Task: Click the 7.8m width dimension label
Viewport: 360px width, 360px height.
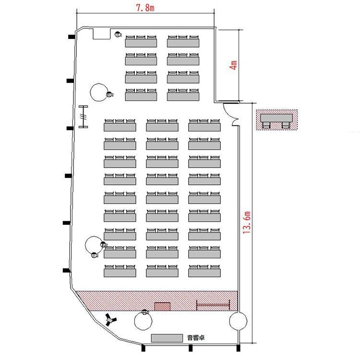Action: [x=145, y=8]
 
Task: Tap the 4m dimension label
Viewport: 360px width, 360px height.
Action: [x=233, y=65]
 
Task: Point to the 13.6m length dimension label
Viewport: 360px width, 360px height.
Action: [x=247, y=222]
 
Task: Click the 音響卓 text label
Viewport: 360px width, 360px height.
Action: [x=196, y=337]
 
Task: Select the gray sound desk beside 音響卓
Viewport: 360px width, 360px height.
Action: [x=167, y=338]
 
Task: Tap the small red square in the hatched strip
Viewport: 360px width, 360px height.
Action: [x=162, y=307]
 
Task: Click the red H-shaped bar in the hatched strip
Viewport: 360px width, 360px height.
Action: [x=213, y=305]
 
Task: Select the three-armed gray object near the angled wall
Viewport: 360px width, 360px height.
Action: [x=111, y=319]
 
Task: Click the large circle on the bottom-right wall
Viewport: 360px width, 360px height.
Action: [x=238, y=321]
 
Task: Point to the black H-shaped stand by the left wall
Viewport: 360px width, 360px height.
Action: [x=84, y=117]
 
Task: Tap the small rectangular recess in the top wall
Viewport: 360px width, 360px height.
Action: [x=102, y=34]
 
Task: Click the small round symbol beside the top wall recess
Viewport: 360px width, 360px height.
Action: [x=118, y=35]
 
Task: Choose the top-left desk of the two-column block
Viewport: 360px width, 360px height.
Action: [x=141, y=41]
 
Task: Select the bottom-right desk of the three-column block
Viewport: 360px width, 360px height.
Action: [x=204, y=271]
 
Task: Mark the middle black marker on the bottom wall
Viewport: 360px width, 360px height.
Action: [x=191, y=348]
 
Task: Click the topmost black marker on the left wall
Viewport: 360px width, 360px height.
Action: [x=72, y=36]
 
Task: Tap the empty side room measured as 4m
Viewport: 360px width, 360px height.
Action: [x=228, y=65]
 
